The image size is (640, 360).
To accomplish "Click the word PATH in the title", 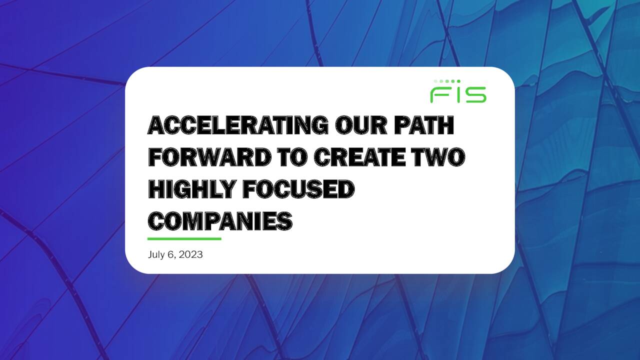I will click(424, 125).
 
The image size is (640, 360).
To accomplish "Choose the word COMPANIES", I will click(220, 220).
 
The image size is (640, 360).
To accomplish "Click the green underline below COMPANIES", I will click(184, 238).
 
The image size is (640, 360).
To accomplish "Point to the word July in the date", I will click(156, 254).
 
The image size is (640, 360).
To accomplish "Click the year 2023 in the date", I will click(190, 254).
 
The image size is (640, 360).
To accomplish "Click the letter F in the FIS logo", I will click(439, 94).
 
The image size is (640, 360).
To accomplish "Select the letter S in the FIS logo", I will click(474, 94).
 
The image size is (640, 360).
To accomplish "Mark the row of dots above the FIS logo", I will click(446, 81).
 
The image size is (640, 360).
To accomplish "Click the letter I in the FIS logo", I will click(455, 94).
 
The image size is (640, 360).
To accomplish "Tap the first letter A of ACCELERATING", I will click(156, 125).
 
